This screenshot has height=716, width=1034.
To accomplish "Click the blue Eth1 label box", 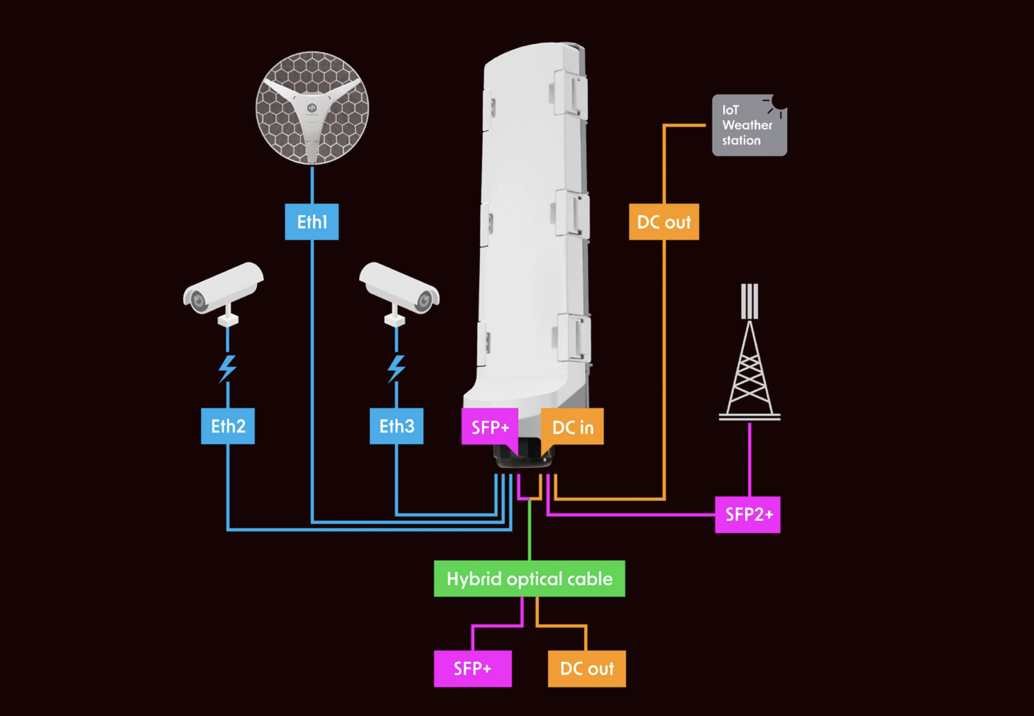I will (312, 222).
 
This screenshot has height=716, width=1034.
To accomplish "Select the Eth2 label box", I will (228, 426).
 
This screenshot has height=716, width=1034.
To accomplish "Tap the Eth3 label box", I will (396, 426).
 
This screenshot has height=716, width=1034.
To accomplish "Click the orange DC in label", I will (573, 427).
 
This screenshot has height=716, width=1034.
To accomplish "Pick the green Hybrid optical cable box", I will (529, 578).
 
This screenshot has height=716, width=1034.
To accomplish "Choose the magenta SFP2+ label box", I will (748, 514).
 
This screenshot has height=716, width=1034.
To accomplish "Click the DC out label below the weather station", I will (664, 222).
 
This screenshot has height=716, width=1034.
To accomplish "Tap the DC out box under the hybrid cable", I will (587, 669).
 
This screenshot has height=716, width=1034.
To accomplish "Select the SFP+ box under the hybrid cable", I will (473, 669).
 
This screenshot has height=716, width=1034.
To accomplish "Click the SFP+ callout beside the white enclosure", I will (489, 427).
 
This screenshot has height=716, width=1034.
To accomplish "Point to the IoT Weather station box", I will (749, 125).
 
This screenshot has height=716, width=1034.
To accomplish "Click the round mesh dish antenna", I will (312, 108).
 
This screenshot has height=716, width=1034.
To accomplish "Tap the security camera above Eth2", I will (223, 292).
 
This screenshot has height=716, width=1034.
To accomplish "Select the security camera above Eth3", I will (399, 292).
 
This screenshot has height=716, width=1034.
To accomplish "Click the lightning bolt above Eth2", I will (227, 368).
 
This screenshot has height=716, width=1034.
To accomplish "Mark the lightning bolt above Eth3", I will (396, 368).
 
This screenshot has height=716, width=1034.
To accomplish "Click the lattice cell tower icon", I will (749, 354).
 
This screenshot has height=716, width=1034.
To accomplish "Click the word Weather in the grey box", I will (747, 125).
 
